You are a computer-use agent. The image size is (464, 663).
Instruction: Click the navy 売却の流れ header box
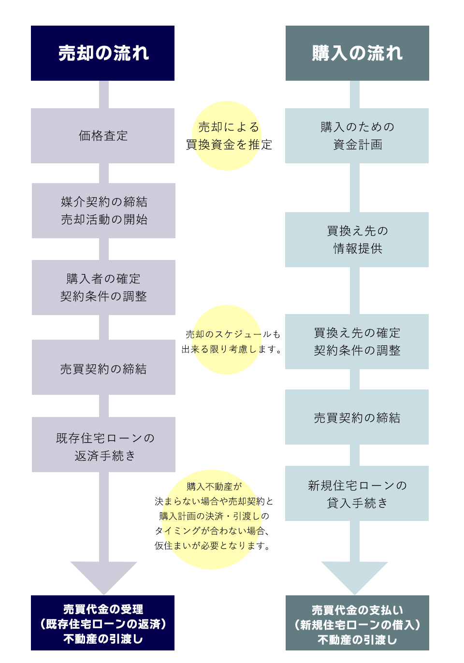click(102, 53)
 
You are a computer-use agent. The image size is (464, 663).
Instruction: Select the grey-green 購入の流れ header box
click(357, 53)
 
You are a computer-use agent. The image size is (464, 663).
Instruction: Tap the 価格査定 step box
click(102, 136)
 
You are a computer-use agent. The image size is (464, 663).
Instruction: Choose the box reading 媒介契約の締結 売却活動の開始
click(103, 211)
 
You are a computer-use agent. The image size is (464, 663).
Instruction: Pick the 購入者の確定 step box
click(103, 288)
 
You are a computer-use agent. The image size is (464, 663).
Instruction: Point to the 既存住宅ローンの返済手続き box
click(103, 445)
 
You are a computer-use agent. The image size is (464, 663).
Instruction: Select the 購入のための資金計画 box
click(357, 136)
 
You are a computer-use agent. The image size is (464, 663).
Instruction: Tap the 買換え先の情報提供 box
click(357, 240)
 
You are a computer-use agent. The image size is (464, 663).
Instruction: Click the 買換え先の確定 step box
click(357, 342)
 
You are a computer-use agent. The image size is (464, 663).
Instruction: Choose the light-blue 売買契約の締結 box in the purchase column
click(357, 417)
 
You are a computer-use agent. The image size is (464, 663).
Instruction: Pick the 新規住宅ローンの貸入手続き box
click(357, 493)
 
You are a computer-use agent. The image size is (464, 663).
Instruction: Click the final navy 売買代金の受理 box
click(102, 623)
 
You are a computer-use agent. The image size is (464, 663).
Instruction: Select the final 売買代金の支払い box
click(357, 623)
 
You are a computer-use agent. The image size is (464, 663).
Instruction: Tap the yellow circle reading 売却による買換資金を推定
click(227, 136)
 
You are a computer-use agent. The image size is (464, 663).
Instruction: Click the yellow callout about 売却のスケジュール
click(227, 340)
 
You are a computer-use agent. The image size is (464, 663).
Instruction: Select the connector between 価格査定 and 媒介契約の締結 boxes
click(103, 173)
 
